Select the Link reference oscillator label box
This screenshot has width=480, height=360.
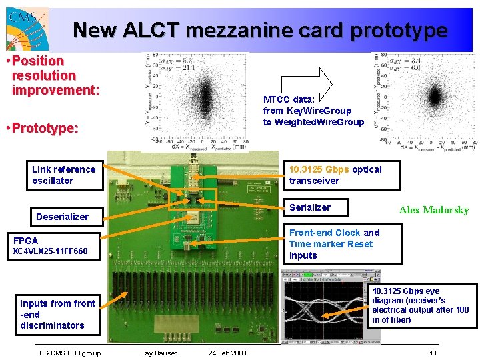pos(65,175)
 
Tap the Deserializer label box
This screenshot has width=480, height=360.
pos(62,217)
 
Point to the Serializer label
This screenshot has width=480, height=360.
pos(309,208)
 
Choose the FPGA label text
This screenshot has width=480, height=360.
pos(26,240)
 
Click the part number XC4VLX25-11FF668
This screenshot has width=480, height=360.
pos(51,251)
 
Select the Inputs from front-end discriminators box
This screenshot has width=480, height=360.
pos(57,315)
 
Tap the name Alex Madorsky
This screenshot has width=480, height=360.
pos(434,210)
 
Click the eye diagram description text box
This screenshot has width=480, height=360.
pos(423,306)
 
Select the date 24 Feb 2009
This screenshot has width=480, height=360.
pos(227,353)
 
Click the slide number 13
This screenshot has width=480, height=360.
pos(433,353)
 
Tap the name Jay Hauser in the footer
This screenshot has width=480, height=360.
pos(160,353)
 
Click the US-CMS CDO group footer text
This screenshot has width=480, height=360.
pos(70,353)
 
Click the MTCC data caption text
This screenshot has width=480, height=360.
pos(313,111)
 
